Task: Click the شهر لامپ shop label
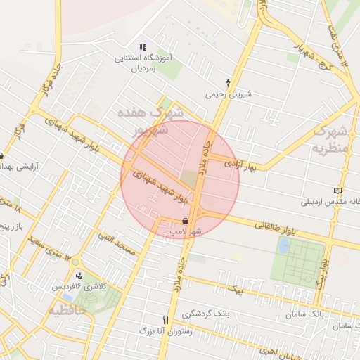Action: pyautogui.click(x=186, y=231)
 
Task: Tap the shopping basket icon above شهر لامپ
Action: pyautogui.click(x=185, y=221)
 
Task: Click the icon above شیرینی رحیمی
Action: pyautogui.click(x=228, y=82)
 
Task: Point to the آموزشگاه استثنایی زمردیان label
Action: pyautogui.click(x=143, y=63)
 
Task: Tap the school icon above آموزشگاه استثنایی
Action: pyautogui.click(x=143, y=47)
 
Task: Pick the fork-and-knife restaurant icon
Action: pyautogui.click(x=166, y=319)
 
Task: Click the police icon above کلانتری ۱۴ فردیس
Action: pyautogui.click(x=79, y=276)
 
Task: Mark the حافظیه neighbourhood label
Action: pyautogui.click(x=67, y=309)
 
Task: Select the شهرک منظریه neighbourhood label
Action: pyautogui.click(x=330, y=139)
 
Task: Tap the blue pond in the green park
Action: pyautogui.click(x=283, y=245)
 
